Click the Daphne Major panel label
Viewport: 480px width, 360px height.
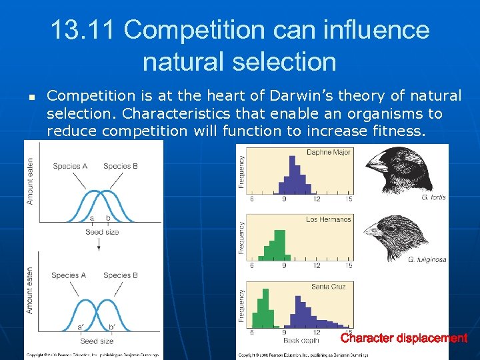(328, 153)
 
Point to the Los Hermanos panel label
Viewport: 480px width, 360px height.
(328, 219)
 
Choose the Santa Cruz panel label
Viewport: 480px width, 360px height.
(328, 287)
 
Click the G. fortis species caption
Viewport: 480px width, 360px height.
(433, 198)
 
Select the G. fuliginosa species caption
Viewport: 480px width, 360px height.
(427, 259)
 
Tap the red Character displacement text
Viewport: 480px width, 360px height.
(404, 338)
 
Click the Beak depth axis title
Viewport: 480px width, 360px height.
(301, 340)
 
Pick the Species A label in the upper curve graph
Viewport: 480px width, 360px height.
(69, 166)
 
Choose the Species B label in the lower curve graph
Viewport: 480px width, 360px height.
(121, 275)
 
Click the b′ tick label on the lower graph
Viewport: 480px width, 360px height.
(111, 327)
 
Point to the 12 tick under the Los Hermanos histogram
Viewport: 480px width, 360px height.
(316, 266)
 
